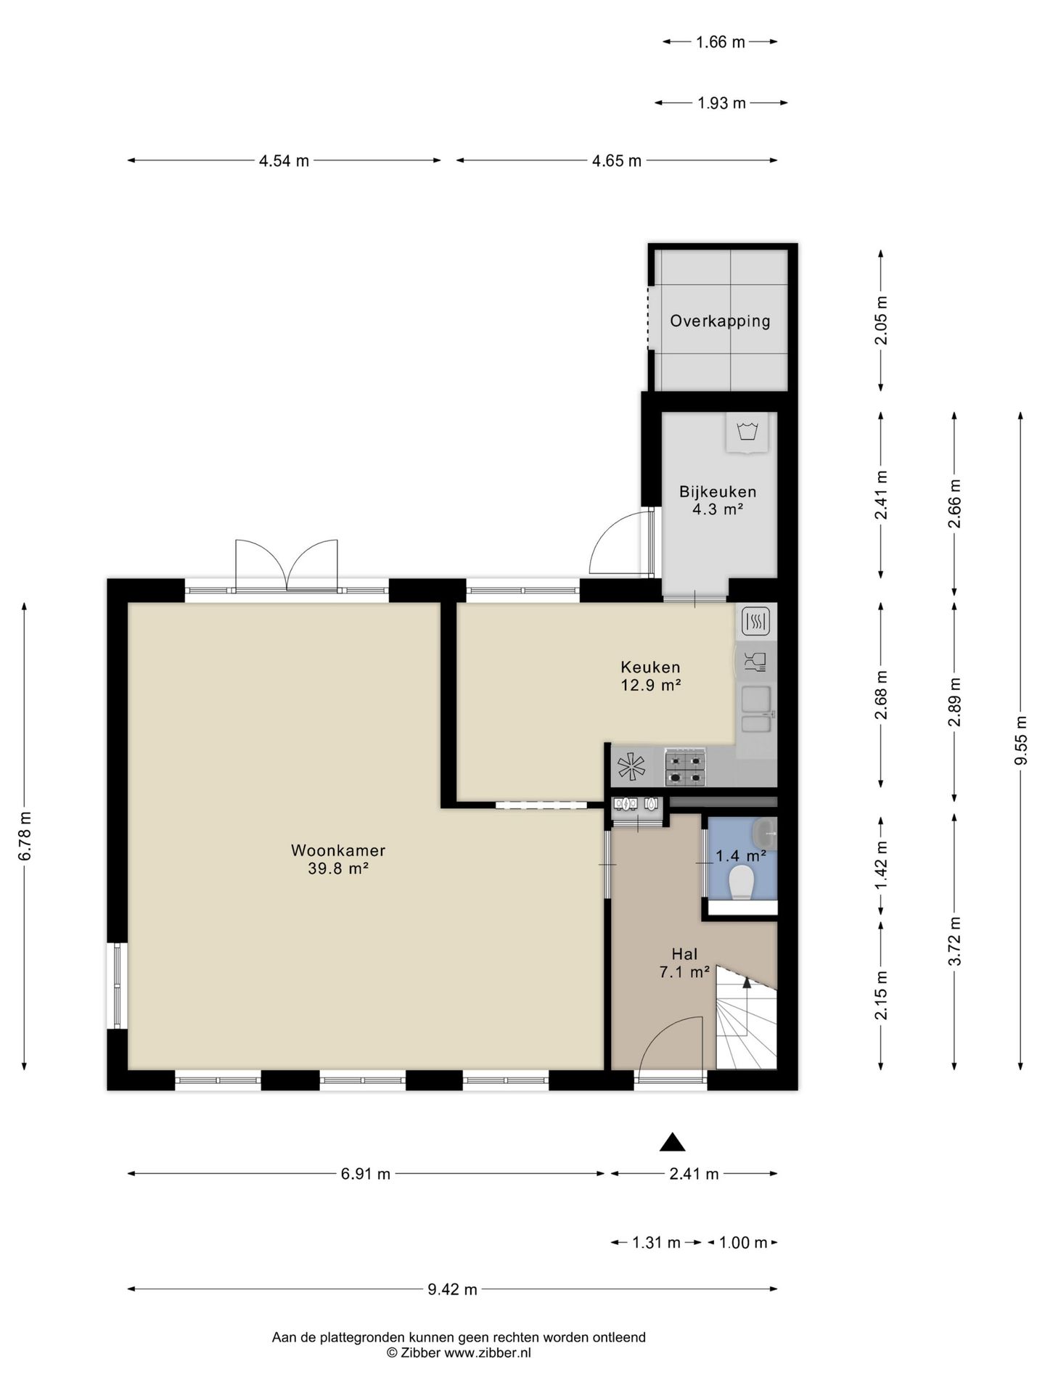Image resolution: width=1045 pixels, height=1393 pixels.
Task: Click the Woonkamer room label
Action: pos(337,850)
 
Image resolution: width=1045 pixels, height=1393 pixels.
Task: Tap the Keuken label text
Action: pos(650,667)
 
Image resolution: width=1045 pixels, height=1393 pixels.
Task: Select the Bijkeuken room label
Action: pos(718,492)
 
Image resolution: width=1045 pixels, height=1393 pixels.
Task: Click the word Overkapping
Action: pos(720,321)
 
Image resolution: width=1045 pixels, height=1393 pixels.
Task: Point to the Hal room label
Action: pos(684,955)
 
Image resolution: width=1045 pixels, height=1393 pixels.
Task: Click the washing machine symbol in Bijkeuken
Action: pos(747,433)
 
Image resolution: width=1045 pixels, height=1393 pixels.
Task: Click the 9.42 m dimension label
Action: pos(452,1289)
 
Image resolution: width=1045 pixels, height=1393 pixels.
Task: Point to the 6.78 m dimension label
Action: pos(25,835)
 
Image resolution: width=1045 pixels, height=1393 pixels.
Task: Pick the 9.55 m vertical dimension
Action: pos(1020,740)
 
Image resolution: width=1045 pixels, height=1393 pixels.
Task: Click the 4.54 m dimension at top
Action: pos(284,160)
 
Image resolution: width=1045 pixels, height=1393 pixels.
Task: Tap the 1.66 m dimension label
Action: pos(720,42)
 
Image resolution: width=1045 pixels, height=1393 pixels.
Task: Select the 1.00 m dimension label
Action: pos(743,1243)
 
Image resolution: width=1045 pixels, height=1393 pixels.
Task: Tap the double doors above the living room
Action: pos(287,565)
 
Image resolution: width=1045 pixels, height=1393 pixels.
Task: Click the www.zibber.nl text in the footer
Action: pos(488,1352)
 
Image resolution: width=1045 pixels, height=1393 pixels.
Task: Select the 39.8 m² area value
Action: pos(338,868)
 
